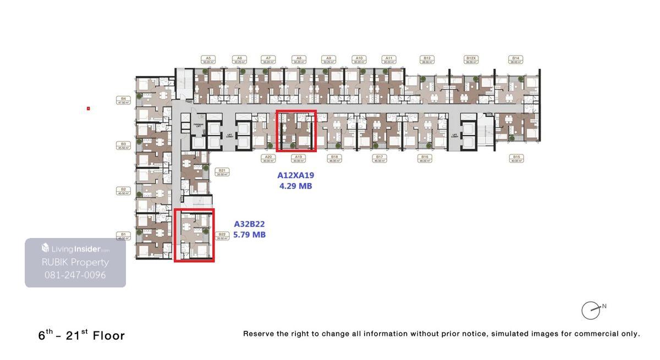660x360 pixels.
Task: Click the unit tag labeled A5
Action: (x=207, y=59)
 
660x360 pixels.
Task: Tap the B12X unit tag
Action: (x=471, y=59)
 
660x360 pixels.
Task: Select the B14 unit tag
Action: (x=515, y=59)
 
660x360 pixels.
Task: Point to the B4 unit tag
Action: (x=124, y=101)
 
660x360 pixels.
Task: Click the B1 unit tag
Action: (x=124, y=236)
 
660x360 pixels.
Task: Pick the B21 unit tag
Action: (x=222, y=172)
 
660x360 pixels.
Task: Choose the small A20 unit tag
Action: (x=268, y=158)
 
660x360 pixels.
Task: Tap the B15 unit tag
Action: (x=516, y=158)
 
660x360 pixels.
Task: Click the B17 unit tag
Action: (x=380, y=158)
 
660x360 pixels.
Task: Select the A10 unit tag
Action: (x=359, y=59)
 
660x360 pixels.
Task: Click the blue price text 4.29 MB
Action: (x=295, y=186)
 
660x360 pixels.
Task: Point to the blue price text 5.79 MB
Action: (x=249, y=235)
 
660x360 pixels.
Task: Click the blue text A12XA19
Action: (x=295, y=175)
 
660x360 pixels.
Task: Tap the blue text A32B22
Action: (x=249, y=224)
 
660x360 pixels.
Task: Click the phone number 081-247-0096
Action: (x=75, y=275)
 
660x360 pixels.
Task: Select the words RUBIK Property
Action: (x=75, y=262)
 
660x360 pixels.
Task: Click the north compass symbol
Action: (x=591, y=310)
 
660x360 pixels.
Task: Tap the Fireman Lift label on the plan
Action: (x=199, y=125)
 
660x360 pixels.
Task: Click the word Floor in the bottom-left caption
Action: (x=109, y=335)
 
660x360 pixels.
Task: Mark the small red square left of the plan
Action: (x=88, y=108)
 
